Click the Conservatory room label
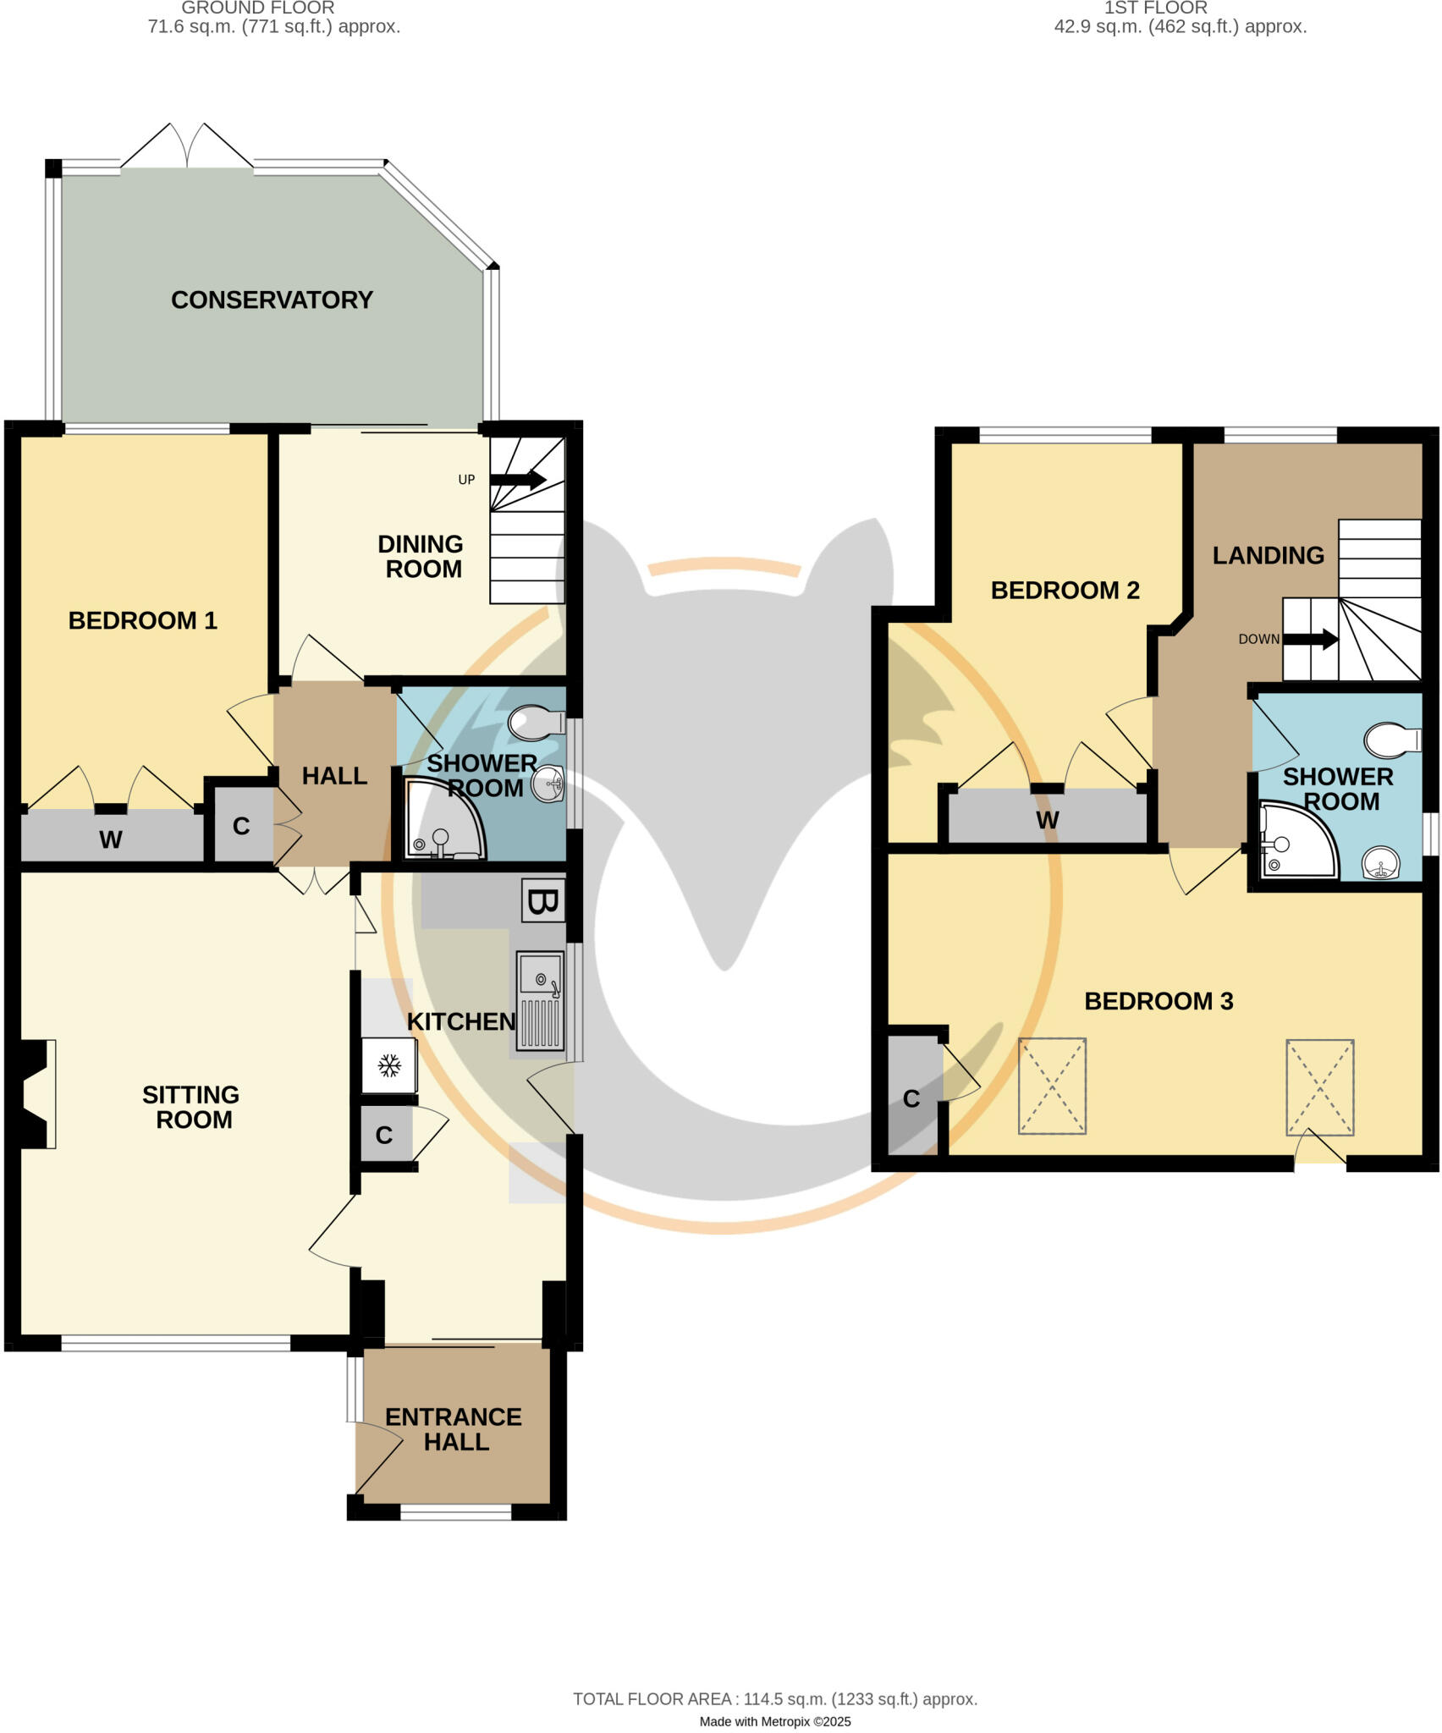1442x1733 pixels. [x=272, y=300]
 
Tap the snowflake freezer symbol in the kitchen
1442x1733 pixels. [x=389, y=1065]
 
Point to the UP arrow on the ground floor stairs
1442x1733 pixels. [x=518, y=480]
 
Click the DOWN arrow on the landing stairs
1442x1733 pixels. [x=1311, y=639]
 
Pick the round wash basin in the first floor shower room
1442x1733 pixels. [x=1380, y=864]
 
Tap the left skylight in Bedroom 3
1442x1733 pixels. [x=1052, y=1086]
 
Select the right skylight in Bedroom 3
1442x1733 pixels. [x=1319, y=1087]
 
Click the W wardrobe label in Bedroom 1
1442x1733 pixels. [x=111, y=839]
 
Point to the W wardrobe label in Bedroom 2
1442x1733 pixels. [x=1047, y=820]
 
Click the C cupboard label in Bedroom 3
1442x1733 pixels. [x=911, y=1098]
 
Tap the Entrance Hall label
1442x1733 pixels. [x=454, y=1429]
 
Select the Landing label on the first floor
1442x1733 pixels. [x=1268, y=555]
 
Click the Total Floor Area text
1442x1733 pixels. [x=775, y=1698]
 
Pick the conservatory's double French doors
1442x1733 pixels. [x=187, y=148]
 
